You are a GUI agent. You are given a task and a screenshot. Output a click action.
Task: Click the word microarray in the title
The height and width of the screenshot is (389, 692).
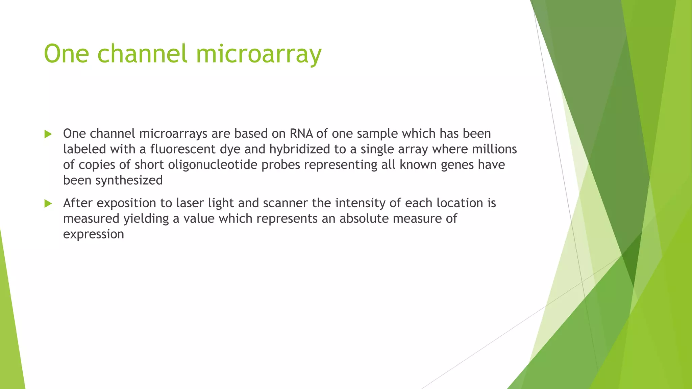coord(258,54)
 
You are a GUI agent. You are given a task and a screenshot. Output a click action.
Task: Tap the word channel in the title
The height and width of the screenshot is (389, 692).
coord(142,54)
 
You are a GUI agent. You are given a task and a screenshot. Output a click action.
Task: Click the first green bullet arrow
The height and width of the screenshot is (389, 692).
coord(48,134)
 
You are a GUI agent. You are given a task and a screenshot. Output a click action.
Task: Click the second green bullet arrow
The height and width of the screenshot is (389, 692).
coord(48,204)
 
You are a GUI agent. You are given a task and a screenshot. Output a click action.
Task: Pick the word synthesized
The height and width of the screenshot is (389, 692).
coord(129,181)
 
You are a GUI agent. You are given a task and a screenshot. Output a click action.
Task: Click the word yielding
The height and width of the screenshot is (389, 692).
coord(146,219)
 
